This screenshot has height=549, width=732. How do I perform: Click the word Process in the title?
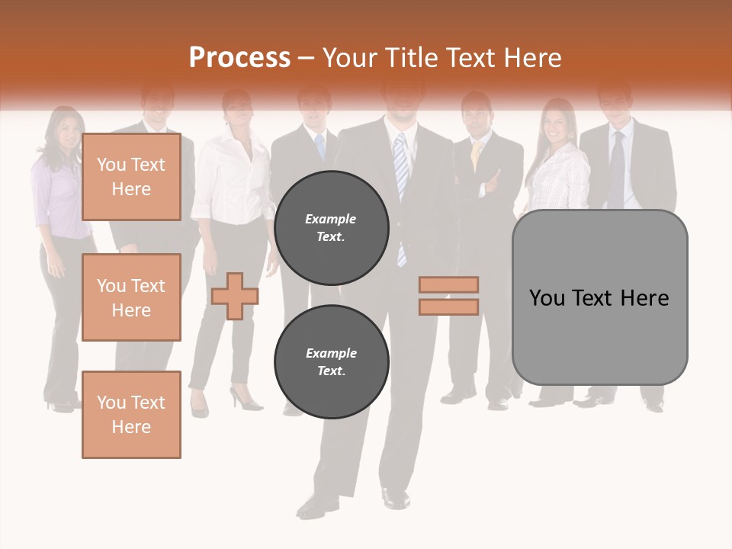pos(239,58)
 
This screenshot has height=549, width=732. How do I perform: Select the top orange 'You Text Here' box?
pos(131,177)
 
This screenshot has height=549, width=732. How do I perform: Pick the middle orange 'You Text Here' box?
pos(131,297)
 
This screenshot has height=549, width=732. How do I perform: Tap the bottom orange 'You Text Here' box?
pos(131,415)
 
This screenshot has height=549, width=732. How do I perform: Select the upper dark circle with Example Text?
pos(332,227)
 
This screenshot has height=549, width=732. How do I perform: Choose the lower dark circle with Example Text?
pos(332,361)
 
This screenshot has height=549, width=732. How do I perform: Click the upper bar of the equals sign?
pos(448,284)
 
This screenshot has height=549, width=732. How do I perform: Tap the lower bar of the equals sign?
pos(448,307)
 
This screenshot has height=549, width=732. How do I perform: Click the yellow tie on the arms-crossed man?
pos(476,155)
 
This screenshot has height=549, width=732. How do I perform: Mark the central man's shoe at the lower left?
pos(314,505)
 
